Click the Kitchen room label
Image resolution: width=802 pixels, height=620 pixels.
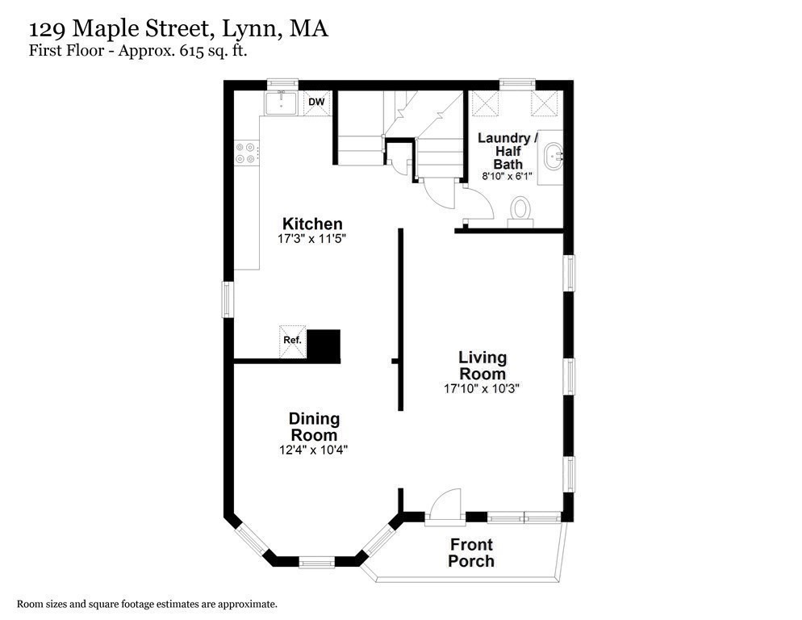click(311, 224)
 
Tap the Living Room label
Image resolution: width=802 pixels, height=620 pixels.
click(482, 365)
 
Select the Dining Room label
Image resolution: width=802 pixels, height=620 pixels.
click(314, 426)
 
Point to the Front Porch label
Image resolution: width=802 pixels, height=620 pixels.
click(471, 553)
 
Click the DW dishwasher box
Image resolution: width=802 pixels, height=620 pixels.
click(316, 103)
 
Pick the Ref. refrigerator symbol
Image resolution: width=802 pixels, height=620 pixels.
click(292, 340)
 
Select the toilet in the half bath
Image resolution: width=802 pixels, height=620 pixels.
click(521, 210)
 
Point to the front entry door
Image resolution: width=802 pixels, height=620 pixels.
click(444, 507)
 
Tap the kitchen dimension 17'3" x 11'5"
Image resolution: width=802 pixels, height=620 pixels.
click(312, 239)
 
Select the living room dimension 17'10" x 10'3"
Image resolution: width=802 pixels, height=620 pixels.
click(482, 388)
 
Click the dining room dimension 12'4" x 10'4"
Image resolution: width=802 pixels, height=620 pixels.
click(314, 450)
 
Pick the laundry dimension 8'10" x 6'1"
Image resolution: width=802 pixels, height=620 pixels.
click(508, 175)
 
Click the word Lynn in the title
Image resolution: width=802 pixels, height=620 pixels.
click(249, 30)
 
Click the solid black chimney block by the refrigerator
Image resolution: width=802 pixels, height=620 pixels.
click(326, 344)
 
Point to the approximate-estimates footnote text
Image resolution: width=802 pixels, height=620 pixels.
click(147, 604)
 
